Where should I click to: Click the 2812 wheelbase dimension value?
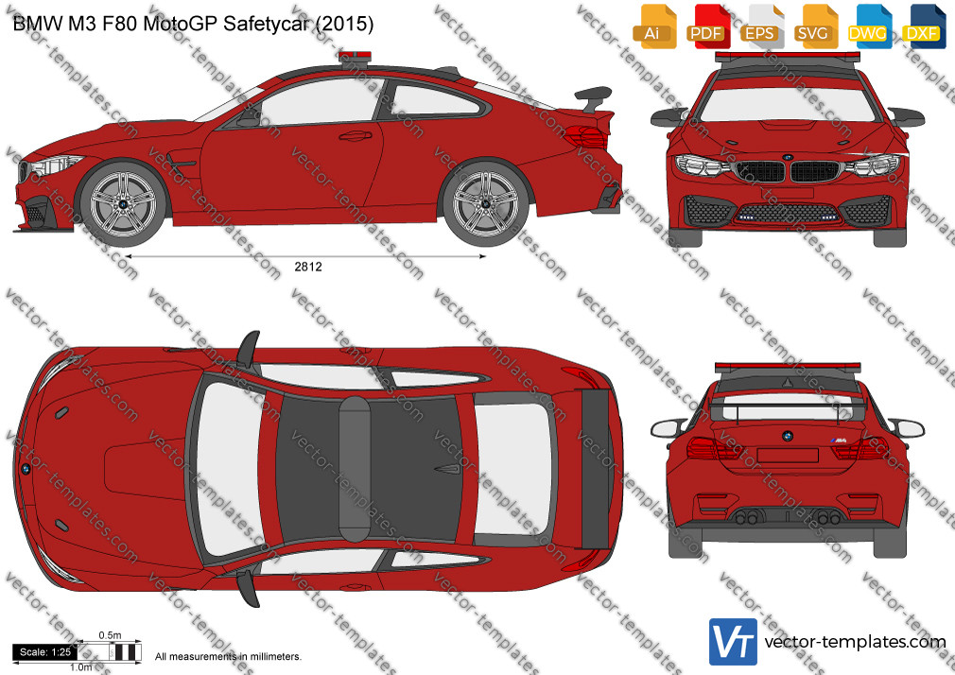coord(308,267)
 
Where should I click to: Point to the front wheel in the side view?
coord(122,201)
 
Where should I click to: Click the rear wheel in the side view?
coord(485,201)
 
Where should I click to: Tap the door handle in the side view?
coord(356,136)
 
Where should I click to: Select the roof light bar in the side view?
coord(355,57)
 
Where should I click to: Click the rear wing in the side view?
coord(593,99)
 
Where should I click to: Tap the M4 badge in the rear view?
coord(840,440)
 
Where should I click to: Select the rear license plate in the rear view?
coord(788,455)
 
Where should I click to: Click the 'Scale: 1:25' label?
coord(45,652)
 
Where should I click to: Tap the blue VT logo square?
coord(734,642)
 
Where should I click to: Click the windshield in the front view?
coord(787,105)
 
